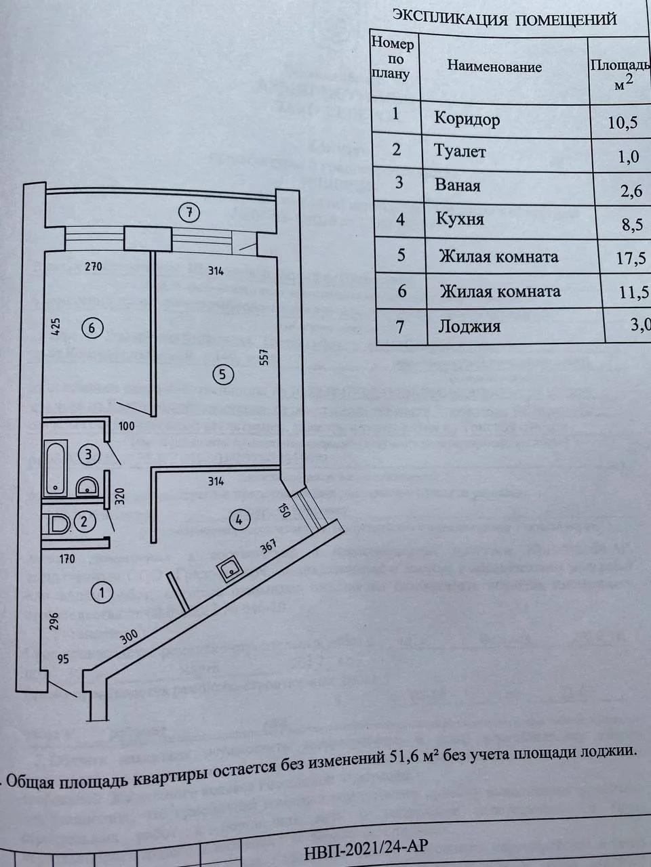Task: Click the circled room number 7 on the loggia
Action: tap(191, 213)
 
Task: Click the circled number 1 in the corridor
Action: tap(102, 593)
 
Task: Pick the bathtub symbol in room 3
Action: tap(55, 467)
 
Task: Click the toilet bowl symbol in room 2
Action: tap(59, 524)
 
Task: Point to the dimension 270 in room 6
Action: tap(93, 267)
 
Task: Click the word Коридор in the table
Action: tap(467, 120)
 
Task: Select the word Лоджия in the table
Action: tap(469, 326)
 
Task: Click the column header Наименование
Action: tap(494, 67)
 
